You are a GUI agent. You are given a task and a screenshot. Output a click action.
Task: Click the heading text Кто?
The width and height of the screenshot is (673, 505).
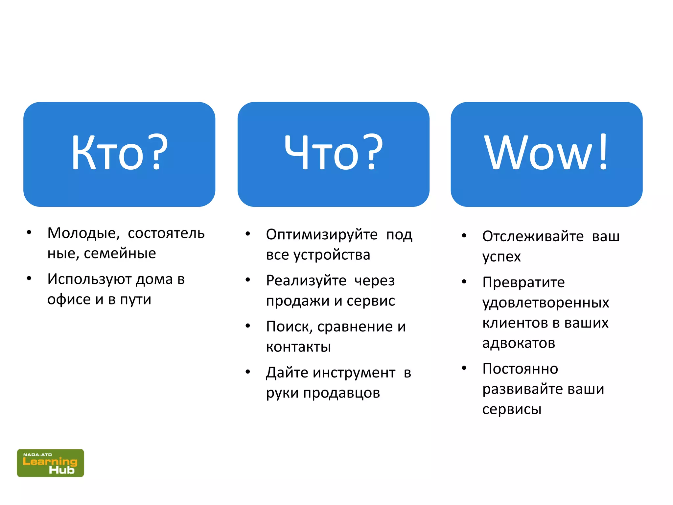click(x=119, y=153)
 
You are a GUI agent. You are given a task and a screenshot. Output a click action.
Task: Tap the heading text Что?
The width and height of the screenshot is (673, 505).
click(x=333, y=153)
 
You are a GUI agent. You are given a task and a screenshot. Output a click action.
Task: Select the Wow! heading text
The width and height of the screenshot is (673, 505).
click(x=546, y=153)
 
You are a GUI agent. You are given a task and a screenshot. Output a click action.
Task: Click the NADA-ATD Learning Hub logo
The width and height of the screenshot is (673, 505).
click(x=50, y=463)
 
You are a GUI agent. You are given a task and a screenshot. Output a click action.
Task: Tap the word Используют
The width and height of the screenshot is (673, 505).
click(x=89, y=279)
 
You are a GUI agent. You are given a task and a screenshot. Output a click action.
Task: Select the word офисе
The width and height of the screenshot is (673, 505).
click(x=69, y=300)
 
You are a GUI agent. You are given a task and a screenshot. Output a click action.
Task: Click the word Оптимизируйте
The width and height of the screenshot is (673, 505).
click(x=322, y=235)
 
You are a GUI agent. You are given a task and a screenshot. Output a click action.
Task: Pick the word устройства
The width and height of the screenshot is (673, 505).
click(x=332, y=255)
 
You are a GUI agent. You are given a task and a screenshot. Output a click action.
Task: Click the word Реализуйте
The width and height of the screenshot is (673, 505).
click(x=306, y=281)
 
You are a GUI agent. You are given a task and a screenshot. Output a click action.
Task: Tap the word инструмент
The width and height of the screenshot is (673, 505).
click(x=354, y=373)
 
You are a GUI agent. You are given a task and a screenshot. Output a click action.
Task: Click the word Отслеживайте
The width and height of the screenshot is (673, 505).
click(x=533, y=236)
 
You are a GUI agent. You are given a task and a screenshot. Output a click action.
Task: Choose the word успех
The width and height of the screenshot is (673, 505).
click(x=501, y=257)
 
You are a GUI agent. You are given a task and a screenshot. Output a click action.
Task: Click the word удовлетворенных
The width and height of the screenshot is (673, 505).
click(x=545, y=303)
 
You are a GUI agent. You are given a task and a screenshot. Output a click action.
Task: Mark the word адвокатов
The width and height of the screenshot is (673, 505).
click(x=519, y=343)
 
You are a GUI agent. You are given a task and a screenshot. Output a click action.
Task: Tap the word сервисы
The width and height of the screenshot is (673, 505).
click(x=512, y=409)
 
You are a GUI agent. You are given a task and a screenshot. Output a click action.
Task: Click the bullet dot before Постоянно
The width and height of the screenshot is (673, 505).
click(x=464, y=368)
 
